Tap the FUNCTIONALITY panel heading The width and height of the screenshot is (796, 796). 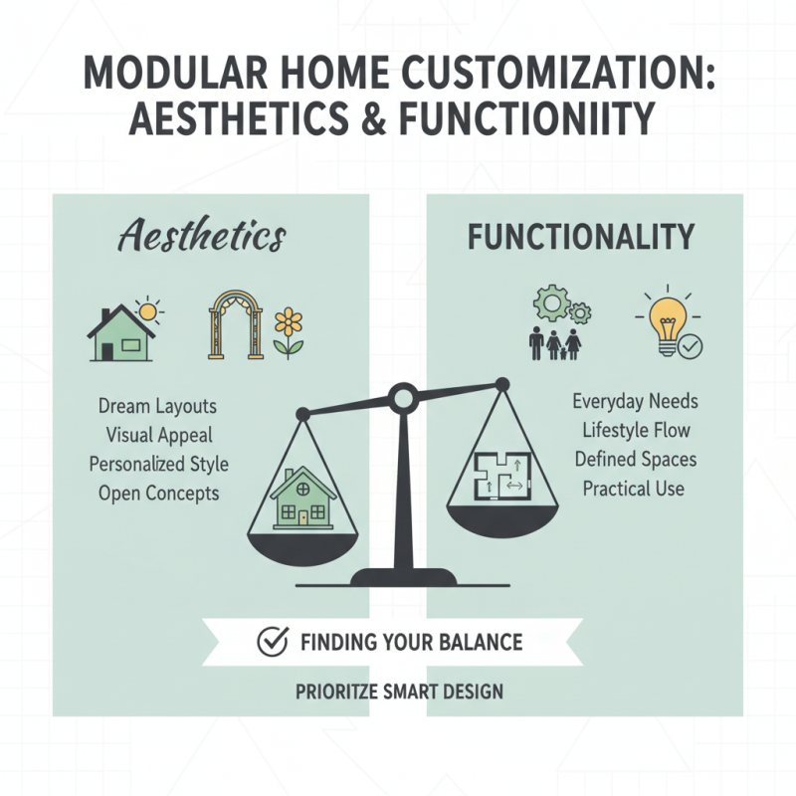[581, 238]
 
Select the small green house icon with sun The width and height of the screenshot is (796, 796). [123, 331]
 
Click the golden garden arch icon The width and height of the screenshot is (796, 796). [231, 324]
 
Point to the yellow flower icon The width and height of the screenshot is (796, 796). [289, 331]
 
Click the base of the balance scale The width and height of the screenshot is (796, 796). [402, 576]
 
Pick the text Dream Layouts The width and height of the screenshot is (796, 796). [158, 407]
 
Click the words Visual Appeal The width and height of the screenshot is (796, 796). [159, 435]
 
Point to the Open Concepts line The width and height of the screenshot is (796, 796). [159, 493]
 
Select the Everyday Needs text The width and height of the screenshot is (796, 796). [635, 402]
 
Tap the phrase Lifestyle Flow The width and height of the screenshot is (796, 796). [635, 431]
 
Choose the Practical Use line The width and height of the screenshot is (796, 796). [635, 489]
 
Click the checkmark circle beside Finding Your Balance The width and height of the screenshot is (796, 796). [272, 642]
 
